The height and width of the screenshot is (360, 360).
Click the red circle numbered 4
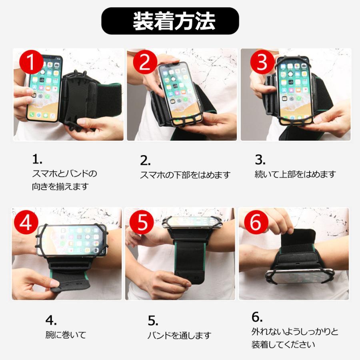(26, 222)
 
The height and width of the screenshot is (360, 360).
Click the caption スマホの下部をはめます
(185, 175)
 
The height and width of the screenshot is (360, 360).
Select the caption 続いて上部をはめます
(295, 174)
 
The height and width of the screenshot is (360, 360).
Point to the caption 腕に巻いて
(66, 335)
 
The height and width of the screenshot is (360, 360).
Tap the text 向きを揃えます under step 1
(60, 187)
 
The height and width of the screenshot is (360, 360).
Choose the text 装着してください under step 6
(283, 344)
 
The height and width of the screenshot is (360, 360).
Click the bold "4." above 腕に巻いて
(51, 320)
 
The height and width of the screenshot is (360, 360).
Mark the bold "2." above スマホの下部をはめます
(145, 161)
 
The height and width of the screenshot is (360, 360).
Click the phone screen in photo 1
(44, 88)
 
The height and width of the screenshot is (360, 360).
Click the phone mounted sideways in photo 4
(72, 240)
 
